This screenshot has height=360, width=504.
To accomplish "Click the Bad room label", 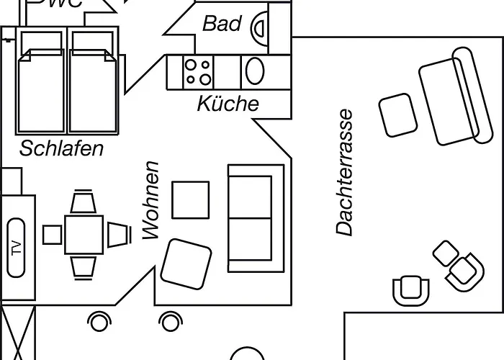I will click(x=222, y=23).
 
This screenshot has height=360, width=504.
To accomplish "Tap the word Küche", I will click(x=228, y=104).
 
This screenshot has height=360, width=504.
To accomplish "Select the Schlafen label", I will click(x=62, y=149).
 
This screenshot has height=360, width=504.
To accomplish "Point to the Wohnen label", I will click(x=150, y=199).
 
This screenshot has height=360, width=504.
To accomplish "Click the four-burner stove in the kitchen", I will click(x=198, y=71).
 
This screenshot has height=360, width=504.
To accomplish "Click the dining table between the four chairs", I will click(x=84, y=234).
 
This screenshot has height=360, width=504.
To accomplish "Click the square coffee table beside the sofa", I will click(x=191, y=199).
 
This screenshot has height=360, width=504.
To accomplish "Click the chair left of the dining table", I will click(x=53, y=235).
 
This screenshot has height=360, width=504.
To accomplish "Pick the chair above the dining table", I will click(x=84, y=202).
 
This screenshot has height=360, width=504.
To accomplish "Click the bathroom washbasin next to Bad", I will click(x=258, y=26).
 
